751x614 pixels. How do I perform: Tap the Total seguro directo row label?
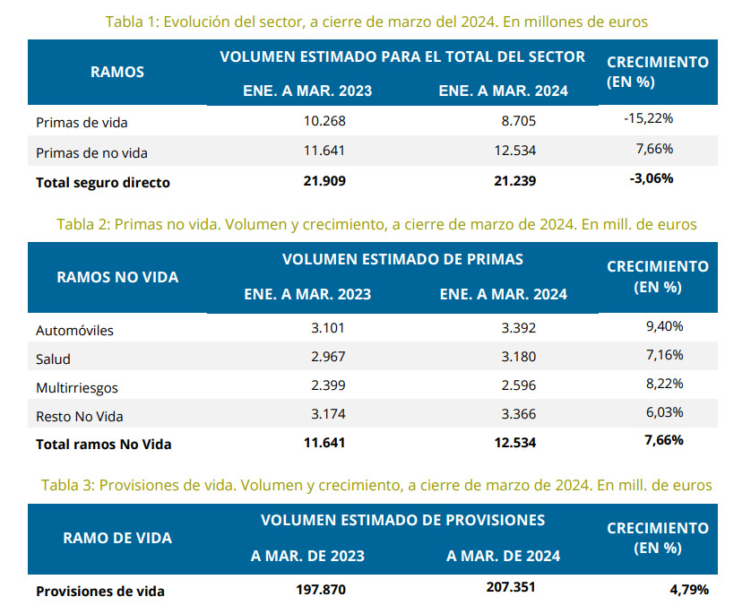click(103, 183)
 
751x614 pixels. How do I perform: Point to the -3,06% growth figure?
click(652, 178)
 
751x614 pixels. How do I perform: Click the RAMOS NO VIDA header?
click(117, 277)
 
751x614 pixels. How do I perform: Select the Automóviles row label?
click(74, 331)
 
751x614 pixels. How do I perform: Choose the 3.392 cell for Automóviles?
click(520, 328)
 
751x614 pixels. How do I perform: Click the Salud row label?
click(53, 359)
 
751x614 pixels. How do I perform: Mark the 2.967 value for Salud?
click(327, 357)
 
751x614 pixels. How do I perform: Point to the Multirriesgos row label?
click(77, 388)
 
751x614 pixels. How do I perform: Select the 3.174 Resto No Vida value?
click(327, 415)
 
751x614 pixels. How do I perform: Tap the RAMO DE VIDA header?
click(117, 539)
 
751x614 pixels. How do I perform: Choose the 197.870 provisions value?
click(320, 590)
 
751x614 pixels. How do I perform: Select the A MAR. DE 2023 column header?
click(307, 556)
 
